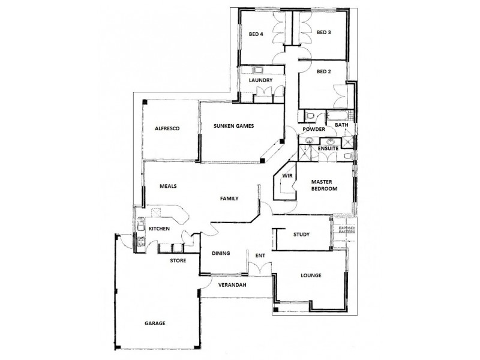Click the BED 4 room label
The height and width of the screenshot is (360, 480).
pos(256,34)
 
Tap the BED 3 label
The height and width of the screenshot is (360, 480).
pos(324,32)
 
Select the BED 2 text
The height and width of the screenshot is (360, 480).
pos(324,72)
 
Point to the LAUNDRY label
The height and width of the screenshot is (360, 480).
pos(260,80)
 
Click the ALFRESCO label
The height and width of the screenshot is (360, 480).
pos(167,128)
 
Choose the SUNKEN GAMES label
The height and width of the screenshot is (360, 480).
pos(234,126)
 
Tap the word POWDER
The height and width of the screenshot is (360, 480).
pos(314,130)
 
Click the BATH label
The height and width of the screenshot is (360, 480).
pos(341,125)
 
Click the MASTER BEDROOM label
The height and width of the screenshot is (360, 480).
pos(324,185)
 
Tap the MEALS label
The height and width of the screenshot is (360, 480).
pos(167,186)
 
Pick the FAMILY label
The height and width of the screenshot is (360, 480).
pos(230,198)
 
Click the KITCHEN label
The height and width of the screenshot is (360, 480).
pos(160,229)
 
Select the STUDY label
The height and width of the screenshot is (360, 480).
pos(301,234)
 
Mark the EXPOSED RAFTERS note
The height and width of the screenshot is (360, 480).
pos(347,230)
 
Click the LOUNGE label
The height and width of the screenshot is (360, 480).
pos(311,276)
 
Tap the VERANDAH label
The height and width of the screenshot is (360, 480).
pos(232,284)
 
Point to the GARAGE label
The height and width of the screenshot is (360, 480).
pos(155,323)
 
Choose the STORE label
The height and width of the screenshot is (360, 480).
pos(178,260)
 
